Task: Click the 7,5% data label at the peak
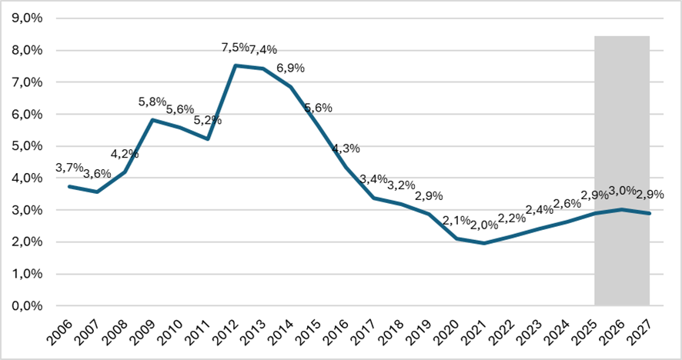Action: pyautogui.click(x=235, y=48)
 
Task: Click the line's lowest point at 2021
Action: pyautogui.click(x=483, y=243)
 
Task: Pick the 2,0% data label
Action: pyautogui.click(x=483, y=225)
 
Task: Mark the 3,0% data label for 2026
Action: pyautogui.click(x=623, y=191)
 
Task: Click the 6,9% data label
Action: pyautogui.click(x=290, y=68)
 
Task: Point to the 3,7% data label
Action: pyautogui.click(x=70, y=168)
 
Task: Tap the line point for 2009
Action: pyautogui.click(x=152, y=120)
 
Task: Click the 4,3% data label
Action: pyautogui.click(x=346, y=148)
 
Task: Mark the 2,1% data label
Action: pyautogui.click(x=456, y=221)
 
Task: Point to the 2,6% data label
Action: pyautogui.click(x=567, y=203)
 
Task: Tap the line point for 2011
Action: pyautogui.click(x=208, y=139)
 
